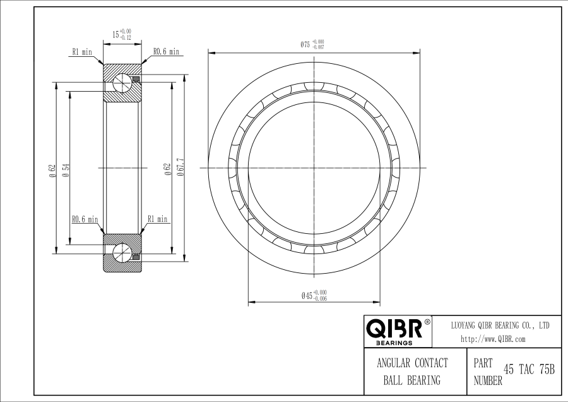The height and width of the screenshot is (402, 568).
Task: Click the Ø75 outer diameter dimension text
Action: pos(312,44)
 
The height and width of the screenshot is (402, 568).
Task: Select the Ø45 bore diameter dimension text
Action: pos(314,295)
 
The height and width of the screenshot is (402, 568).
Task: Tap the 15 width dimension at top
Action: pos(122,35)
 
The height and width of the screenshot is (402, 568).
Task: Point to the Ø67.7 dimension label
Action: pos(180,167)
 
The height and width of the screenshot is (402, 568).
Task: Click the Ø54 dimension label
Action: pos(66,170)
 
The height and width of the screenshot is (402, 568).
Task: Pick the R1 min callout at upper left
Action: pos(82,52)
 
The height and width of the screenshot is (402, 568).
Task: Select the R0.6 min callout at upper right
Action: pos(166,52)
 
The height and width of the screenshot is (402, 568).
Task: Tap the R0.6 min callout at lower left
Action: pos(85,219)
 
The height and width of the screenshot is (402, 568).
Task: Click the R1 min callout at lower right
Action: pos(158,219)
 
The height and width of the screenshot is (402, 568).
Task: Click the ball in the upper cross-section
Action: pos(122,83)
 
